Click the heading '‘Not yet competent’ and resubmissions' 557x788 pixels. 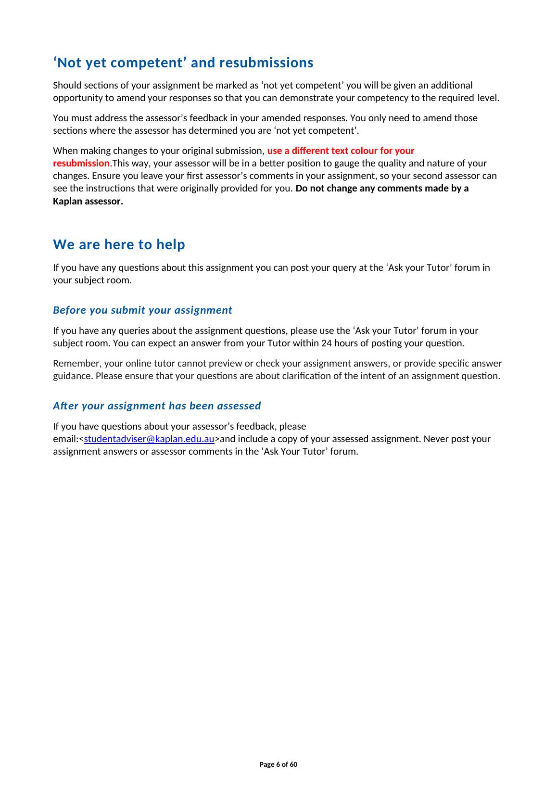(x=183, y=63)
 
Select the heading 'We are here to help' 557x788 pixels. (x=119, y=245)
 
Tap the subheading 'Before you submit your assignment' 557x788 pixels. (x=142, y=310)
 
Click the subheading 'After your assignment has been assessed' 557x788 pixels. (x=157, y=406)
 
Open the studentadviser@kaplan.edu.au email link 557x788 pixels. (x=149, y=439)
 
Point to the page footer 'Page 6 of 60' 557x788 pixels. (x=278, y=765)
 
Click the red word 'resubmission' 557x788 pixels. (x=81, y=164)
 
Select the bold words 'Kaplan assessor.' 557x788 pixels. (x=88, y=202)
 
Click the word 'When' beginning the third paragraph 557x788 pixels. (x=63, y=151)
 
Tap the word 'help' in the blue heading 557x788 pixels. (x=171, y=245)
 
